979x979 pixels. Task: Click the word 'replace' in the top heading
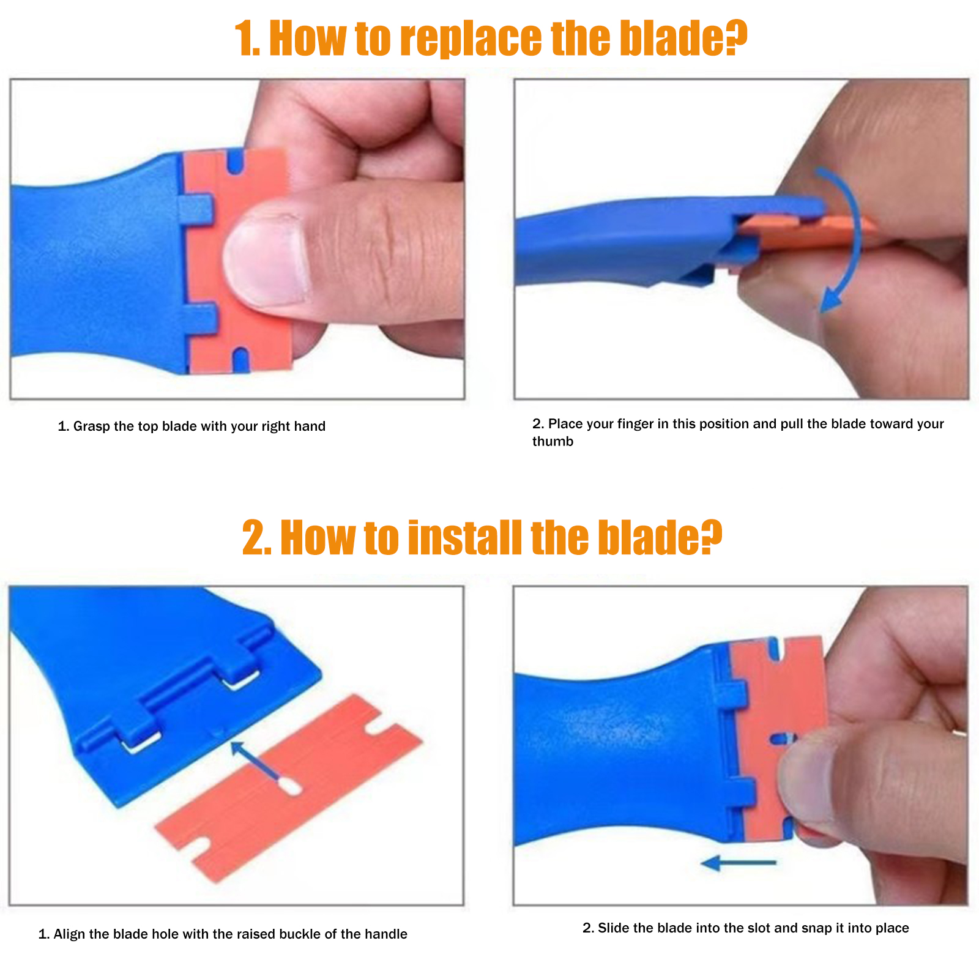click(x=471, y=39)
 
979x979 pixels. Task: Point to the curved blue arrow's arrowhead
click(x=830, y=299)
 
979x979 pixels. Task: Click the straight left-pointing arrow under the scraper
click(x=739, y=863)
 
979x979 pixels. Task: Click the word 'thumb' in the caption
click(x=553, y=441)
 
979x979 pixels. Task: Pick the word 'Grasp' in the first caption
click(x=91, y=426)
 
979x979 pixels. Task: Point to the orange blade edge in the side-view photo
click(x=808, y=229)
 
